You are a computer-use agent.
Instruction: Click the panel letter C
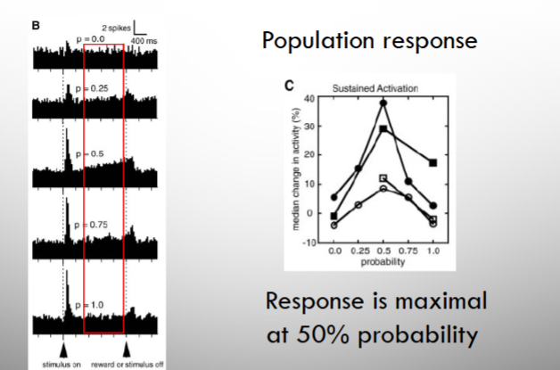[x=289, y=86]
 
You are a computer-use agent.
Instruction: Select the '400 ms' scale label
[x=144, y=41]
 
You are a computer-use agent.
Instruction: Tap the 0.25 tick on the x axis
[x=358, y=252]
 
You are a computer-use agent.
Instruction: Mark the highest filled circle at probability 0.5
[x=383, y=103]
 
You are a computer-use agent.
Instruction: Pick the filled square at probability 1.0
[x=432, y=163]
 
